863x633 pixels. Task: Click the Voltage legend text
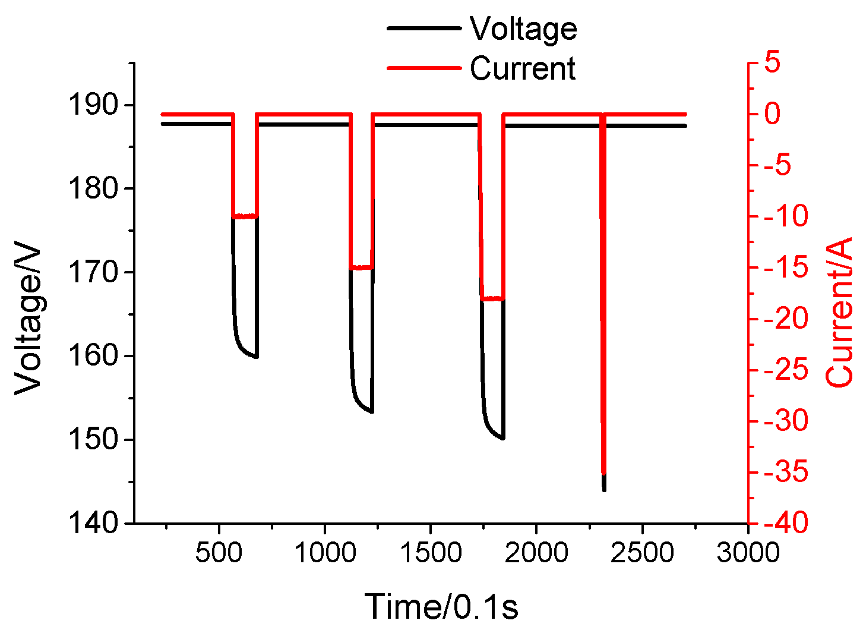523,29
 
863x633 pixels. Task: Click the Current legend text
523,68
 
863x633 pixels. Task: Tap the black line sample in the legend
423,29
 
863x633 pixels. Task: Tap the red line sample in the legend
423,68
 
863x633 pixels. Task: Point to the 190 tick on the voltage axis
94,106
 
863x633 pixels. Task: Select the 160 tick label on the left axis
94,357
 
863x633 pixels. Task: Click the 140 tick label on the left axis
94,523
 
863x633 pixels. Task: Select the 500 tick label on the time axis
219,553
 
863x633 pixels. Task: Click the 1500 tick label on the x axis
430,553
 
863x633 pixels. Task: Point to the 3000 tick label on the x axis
747,553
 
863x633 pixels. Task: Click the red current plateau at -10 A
244,216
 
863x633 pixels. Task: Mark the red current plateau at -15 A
361,267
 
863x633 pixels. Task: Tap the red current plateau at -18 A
492,298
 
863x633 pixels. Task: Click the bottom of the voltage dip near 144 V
604,489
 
